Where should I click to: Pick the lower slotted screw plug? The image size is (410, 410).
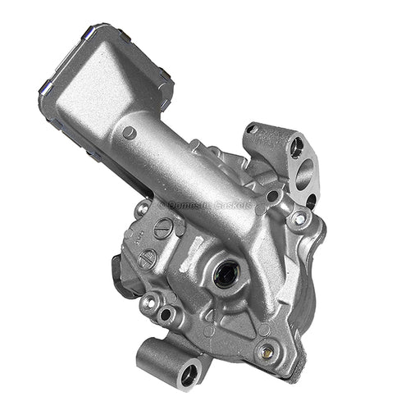tap(148, 260)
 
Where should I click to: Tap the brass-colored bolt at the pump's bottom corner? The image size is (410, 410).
tap(264, 353)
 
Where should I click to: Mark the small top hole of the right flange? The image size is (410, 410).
tap(297, 148)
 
